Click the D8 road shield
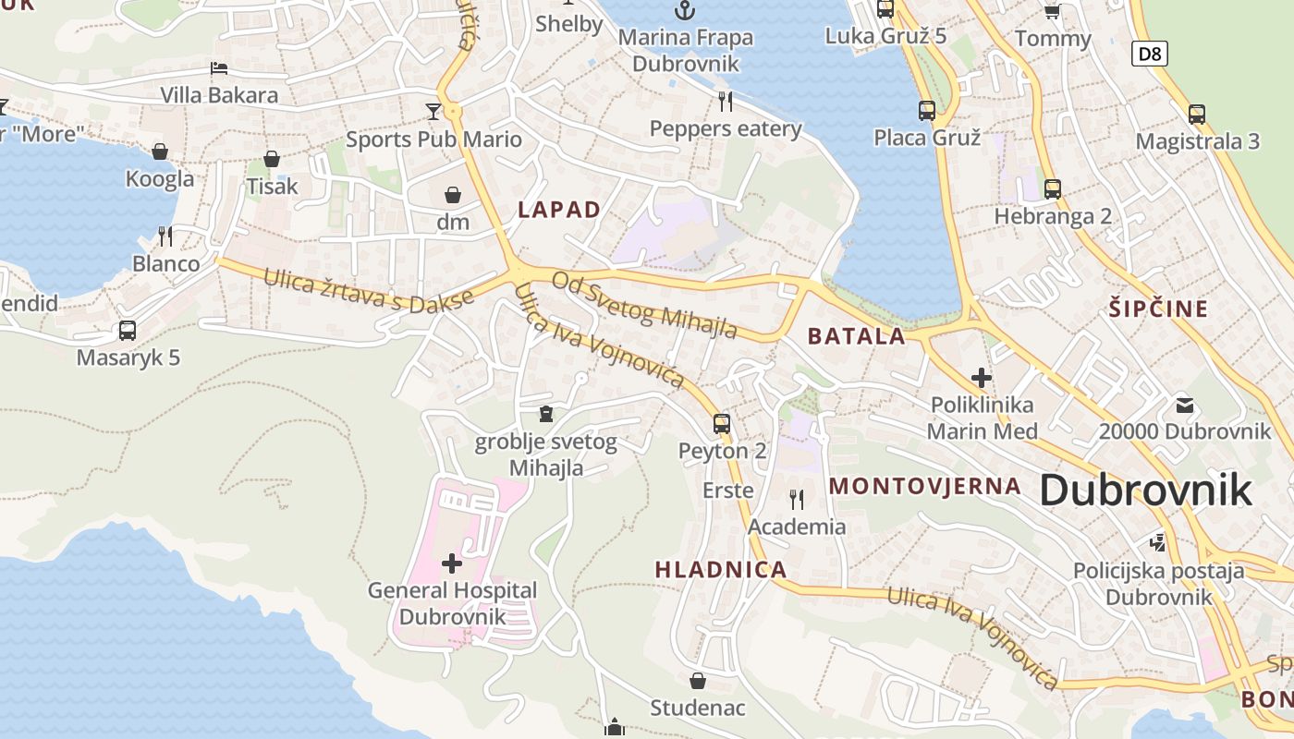point(1149,54)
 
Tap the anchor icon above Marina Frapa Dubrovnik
point(684,11)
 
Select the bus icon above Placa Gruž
point(927,111)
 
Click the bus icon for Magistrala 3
point(1197,115)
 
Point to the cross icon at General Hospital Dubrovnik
point(452,563)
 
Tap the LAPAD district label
point(559,210)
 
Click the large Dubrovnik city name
point(1145,490)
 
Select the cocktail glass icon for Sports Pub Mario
point(433,112)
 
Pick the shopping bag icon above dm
point(453,195)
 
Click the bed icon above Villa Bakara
point(219,68)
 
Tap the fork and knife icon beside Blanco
point(165,236)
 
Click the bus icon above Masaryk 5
point(128,331)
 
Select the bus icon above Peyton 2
point(722,424)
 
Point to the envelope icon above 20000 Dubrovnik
point(1184,405)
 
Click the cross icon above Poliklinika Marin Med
point(982,378)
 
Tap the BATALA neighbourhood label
point(856,336)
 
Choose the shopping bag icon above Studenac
point(698,681)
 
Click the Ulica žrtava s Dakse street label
point(369,297)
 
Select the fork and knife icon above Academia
point(796,500)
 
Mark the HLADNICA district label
point(721,570)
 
